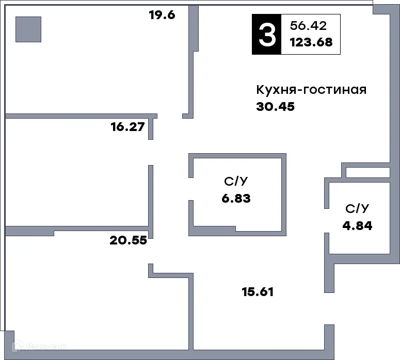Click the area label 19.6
click(x=162, y=15)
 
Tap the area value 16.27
click(x=127, y=127)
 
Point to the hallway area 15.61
click(x=258, y=292)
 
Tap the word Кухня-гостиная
click(x=311, y=90)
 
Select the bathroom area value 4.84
click(x=357, y=225)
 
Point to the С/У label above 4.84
click(x=357, y=208)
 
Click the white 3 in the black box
click(x=266, y=35)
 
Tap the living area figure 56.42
click(x=308, y=25)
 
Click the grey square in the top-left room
click(x=28, y=29)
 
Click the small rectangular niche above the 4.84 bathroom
click(x=367, y=172)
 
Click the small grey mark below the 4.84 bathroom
click(x=329, y=323)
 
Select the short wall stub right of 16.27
click(x=151, y=129)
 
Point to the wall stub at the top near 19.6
click(x=194, y=28)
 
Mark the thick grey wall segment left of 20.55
click(x=29, y=231)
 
